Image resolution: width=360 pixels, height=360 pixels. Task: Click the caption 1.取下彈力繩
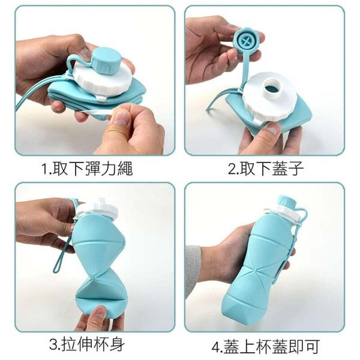(88, 169)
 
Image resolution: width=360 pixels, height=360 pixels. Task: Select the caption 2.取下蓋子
(266, 169)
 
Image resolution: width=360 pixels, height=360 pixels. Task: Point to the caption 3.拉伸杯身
(87, 344)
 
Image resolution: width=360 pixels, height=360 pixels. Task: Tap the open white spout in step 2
(274, 89)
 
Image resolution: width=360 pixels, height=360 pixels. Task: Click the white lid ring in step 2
(272, 97)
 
